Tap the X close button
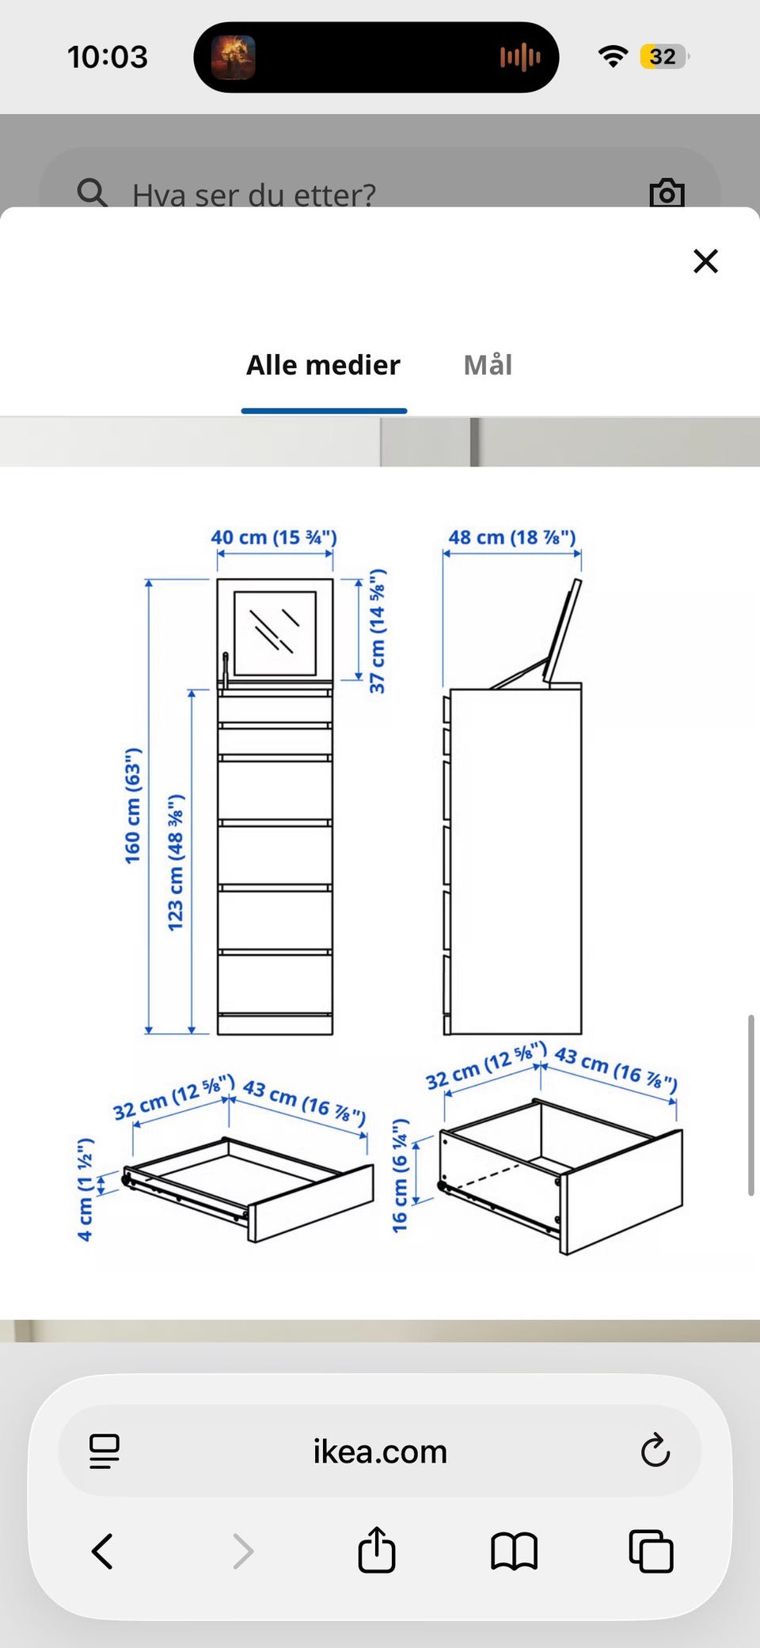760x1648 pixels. pyautogui.click(x=705, y=261)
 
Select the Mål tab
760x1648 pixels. pyautogui.click(x=488, y=365)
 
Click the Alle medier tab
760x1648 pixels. pyautogui.click(x=323, y=365)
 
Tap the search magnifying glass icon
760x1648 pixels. pyautogui.click(x=92, y=192)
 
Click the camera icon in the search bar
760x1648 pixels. pyautogui.click(x=667, y=192)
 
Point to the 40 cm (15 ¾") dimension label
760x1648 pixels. pyautogui.click(x=274, y=537)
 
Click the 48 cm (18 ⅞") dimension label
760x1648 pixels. pyautogui.click(x=512, y=537)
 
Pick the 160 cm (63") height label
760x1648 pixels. pyautogui.click(x=132, y=805)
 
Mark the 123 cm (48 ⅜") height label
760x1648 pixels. pyautogui.click(x=176, y=862)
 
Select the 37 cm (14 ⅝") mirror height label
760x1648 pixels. pyautogui.click(x=378, y=631)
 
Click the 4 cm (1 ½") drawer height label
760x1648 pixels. pyautogui.click(x=85, y=1189)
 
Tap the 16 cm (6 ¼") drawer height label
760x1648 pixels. pyautogui.click(x=401, y=1175)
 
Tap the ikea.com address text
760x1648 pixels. pyautogui.click(x=380, y=1452)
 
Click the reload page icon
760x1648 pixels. pyautogui.click(x=655, y=1450)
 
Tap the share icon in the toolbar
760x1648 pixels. pyautogui.click(x=376, y=1549)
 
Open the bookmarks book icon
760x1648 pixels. pyautogui.click(x=514, y=1551)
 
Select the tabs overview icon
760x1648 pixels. pyautogui.click(x=651, y=1551)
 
